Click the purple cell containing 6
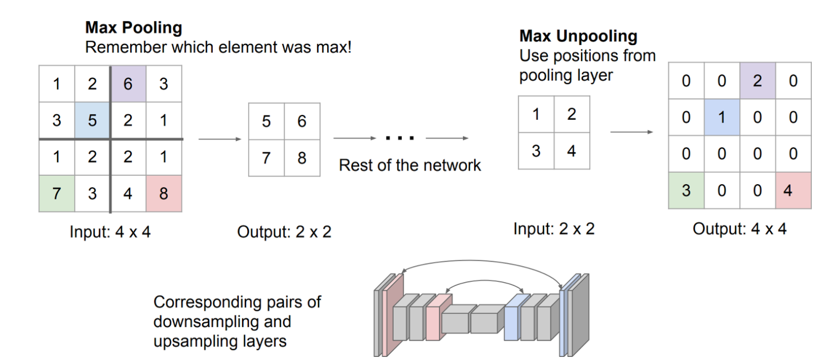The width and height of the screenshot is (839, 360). [128, 84]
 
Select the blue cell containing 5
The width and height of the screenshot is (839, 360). [92, 120]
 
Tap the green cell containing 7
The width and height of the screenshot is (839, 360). [57, 194]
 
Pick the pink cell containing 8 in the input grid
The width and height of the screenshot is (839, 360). [164, 194]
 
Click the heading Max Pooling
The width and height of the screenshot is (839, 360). [133, 27]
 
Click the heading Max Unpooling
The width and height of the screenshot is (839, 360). [578, 36]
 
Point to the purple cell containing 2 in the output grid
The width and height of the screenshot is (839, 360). [757, 81]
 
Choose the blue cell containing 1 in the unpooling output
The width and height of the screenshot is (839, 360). [721, 117]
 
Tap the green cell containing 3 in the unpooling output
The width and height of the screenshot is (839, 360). [686, 190]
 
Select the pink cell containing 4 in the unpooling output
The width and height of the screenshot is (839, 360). [793, 190]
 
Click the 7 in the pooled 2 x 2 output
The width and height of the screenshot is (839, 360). [266, 158]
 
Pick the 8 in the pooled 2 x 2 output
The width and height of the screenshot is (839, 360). [302, 158]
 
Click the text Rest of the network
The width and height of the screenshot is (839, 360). [410, 165]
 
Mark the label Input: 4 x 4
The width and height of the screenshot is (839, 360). [110, 232]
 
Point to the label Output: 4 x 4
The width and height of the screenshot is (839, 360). [739, 229]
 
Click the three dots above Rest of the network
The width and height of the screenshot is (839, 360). [400, 138]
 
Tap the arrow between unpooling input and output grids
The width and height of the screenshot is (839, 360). [631, 132]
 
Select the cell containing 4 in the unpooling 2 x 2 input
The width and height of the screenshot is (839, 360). [572, 151]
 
